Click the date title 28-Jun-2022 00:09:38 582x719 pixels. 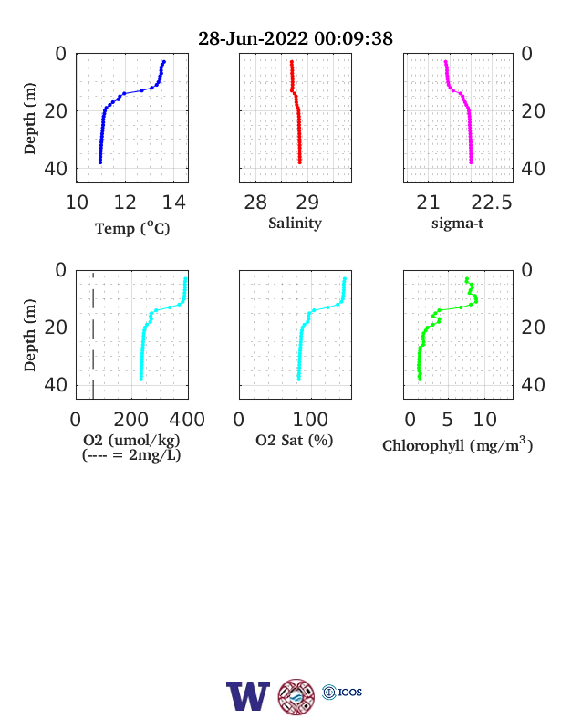(x=296, y=38)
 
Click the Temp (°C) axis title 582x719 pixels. (x=132, y=228)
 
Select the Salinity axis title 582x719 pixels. (x=295, y=224)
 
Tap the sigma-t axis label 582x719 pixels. (x=457, y=224)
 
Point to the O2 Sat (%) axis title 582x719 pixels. (x=295, y=441)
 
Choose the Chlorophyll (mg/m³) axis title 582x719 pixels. (x=457, y=444)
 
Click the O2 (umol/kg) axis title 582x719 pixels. (x=131, y=440)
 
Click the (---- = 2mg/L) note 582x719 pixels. (x=131, y=455)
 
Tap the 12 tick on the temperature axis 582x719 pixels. (x=125, y=203)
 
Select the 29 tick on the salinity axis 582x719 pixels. (x=307, y=203)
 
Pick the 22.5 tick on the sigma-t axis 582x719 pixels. (x=492, y=203)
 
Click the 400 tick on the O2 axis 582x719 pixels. (x=187, y=420)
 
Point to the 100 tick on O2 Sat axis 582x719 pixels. (x=310, y=420)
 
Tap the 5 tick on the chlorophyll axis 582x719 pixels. (x=447, y=420)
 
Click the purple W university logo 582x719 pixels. (x=248, y=696)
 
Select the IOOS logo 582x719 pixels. (x=342, y=692)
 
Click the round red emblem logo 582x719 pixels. (x=296, y=696)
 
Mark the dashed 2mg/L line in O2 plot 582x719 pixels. (x=93, y=335)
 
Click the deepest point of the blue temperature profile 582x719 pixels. (x=100, y=162)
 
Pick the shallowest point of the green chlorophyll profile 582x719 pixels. (x=467, y=279)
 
